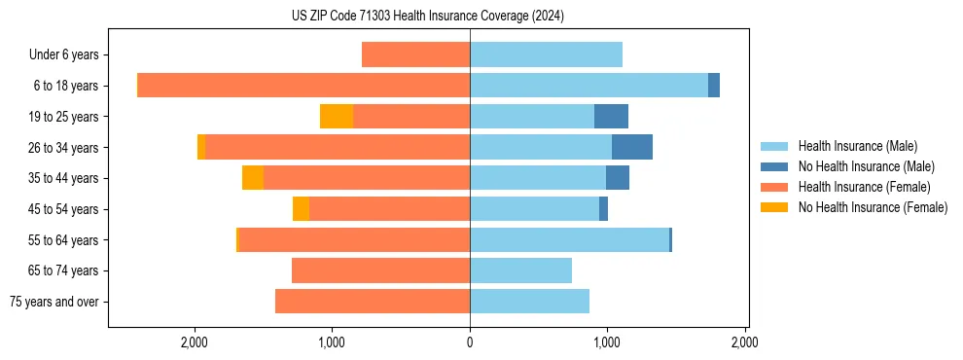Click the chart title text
(427, 17)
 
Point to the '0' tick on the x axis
(470, 342)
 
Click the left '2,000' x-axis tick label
(195, 342)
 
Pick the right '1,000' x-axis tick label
(607, 342)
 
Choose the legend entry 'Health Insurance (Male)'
(857, 146)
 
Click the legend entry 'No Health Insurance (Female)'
(873, 207)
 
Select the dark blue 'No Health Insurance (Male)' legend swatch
(775, 166)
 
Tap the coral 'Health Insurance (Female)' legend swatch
(775, 187)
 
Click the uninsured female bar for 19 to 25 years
(337, 117)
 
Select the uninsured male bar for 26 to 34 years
(632, 147)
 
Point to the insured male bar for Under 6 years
(546, 55)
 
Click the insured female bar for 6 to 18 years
(303, 86)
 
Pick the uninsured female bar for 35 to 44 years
(253, 178)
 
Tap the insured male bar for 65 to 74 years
(520, 270)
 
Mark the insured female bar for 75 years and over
(373, 302)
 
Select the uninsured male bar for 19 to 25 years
(611, 117)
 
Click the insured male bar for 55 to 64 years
(569, 239)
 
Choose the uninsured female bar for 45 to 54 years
(301, 209)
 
